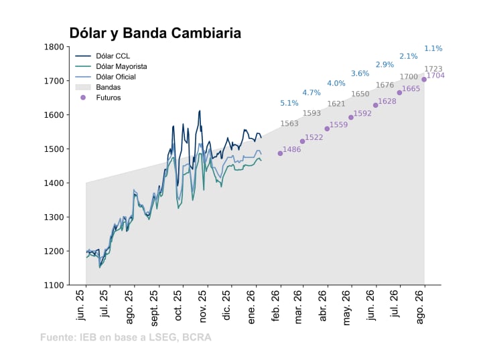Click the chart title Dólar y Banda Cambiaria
click(x=155, y=33)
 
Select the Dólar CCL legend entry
click(x=113, y=56)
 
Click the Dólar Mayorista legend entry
click(x=121, y=67)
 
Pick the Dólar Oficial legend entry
click(x=115, y=77)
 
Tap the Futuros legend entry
click(x=108, y=98)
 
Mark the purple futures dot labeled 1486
click(x=280, y=153)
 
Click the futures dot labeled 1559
click(x=327, y=128)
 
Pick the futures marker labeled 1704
click(x=424, y=79)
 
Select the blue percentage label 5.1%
click(x=289, y=103)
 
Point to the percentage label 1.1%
click(x=433, y=48)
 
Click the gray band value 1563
click(x=289, y=124)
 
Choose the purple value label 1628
click(x=387, y=102)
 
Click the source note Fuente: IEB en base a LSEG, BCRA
click(x=126, y=337)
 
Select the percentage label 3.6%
click(x=360, y=74)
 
